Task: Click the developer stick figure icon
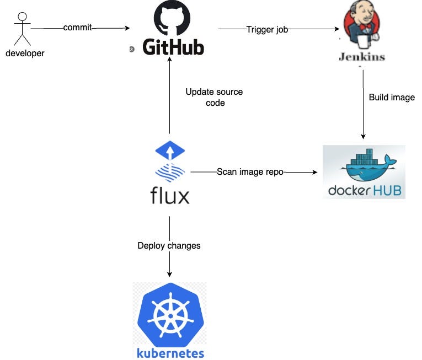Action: tap(22, 28)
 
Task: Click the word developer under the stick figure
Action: tap(24, 53)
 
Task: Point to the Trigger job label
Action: tap(267, 29)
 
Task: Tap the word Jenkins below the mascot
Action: tap(362, 57)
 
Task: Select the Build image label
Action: tap(391, 98)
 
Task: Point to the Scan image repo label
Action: tap(250, 172)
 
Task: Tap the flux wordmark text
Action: tap(169, 195)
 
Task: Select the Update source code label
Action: tap(214, 97)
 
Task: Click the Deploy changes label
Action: tap(169, 245)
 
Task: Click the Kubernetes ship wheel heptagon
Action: tap(169, 316)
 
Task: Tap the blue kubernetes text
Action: tap(170, 353)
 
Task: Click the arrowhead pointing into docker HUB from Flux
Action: tap(315, 172)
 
